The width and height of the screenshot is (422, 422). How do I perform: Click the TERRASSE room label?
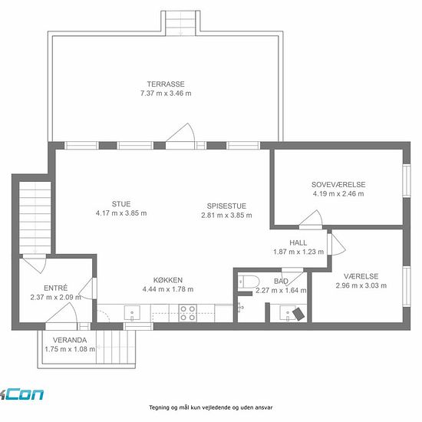(x=166, y=84)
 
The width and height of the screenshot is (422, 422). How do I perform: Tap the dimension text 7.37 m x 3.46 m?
(x=166, y=94)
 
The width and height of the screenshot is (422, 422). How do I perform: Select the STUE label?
(x=121, y=204)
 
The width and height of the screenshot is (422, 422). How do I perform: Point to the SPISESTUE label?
(x=226, y=206)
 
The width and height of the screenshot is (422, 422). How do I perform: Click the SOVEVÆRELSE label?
(x=338, y=185)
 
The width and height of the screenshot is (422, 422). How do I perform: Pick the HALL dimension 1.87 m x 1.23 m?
(x=298, y=252)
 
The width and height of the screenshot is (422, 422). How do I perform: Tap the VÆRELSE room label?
(x=361, y=276)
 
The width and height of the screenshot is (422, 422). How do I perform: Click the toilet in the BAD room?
(x=248, y=282)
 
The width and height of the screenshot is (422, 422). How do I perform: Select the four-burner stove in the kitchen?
(x=188, y=313)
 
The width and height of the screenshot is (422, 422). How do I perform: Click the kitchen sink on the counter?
(x=132, y=313)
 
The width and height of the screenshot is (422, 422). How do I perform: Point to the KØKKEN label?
(x=168, y=280)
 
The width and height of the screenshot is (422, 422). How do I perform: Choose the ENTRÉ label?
(x=56, y=288)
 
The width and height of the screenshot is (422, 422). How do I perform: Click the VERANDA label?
(x=70, y=340)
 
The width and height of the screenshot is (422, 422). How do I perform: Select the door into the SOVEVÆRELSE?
(x=311, y=219)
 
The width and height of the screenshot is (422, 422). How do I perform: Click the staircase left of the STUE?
(x=35, y=218)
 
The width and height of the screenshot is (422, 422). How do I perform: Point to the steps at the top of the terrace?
(x=180, y=23)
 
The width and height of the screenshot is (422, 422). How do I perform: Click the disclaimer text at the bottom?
(x=211, y=407)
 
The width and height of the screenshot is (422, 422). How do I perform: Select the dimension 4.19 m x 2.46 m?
(x=338, y=194)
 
